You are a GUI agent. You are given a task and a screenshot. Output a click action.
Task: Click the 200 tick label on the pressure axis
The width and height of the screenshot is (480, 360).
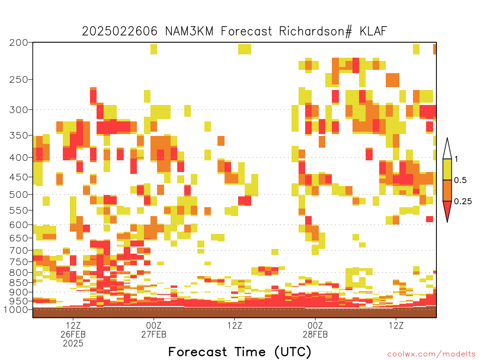19,43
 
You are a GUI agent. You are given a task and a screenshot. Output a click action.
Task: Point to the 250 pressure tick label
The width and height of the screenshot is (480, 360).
19,80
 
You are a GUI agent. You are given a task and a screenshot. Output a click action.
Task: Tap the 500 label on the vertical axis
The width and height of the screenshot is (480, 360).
19,195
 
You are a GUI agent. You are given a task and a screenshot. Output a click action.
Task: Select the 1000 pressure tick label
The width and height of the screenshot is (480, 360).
16,310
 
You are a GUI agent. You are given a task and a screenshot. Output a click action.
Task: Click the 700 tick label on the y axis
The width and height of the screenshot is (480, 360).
19,251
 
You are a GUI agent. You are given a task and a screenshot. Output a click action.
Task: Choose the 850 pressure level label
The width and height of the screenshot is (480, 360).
19,283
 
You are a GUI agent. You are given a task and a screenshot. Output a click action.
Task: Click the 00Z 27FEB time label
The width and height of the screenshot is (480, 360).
154,330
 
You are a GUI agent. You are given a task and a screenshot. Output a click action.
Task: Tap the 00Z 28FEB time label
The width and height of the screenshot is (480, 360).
315,330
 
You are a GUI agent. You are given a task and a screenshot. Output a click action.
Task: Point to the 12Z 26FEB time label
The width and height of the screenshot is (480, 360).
73,330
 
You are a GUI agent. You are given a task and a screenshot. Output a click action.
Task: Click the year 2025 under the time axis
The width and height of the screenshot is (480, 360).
73,344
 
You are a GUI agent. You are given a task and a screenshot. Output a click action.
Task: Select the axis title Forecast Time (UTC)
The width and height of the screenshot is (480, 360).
240,352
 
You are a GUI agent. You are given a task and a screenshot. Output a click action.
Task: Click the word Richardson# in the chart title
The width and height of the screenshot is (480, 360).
315,31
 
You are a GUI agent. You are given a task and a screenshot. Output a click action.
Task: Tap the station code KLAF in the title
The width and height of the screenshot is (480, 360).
374,31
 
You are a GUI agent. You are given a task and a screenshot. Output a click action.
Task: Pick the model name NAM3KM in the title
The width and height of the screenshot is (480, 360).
189,31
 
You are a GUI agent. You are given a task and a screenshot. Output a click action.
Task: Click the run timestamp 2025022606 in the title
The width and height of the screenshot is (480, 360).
120,31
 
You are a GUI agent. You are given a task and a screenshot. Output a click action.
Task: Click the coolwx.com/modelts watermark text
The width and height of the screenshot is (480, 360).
431,354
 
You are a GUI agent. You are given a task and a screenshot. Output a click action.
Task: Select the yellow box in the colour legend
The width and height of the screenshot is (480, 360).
447,169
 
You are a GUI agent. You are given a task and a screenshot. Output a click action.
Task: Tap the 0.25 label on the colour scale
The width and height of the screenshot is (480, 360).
463,202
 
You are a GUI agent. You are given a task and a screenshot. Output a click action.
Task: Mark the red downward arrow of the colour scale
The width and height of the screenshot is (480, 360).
447,211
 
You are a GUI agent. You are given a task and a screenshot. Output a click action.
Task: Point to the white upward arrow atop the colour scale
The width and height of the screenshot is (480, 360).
447,149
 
